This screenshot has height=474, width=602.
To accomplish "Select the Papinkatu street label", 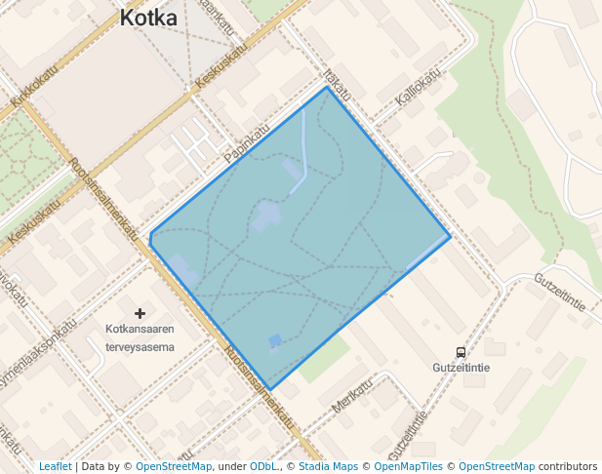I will pos(246,143).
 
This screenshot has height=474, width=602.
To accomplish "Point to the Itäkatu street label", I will pos(338,80).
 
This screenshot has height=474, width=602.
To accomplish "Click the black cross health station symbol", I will pos(140,313).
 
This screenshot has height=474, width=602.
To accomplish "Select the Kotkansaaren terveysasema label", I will pos(140,337).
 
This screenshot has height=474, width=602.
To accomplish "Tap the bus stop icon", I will pos(461,352).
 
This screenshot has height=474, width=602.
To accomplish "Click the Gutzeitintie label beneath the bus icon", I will pos(461,369).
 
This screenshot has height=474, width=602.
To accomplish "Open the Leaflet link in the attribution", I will pos(55,466).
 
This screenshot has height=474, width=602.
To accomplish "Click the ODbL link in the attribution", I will pos(263,466).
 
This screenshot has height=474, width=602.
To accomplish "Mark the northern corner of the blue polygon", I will pos(327,87).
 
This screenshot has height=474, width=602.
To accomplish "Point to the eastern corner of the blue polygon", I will pos(450,235).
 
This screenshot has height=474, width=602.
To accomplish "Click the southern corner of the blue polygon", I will pos(270,389).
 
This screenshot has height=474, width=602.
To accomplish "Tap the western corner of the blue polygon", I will pos(150,234).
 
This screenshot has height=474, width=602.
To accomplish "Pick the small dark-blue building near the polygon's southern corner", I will pos(275,340).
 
